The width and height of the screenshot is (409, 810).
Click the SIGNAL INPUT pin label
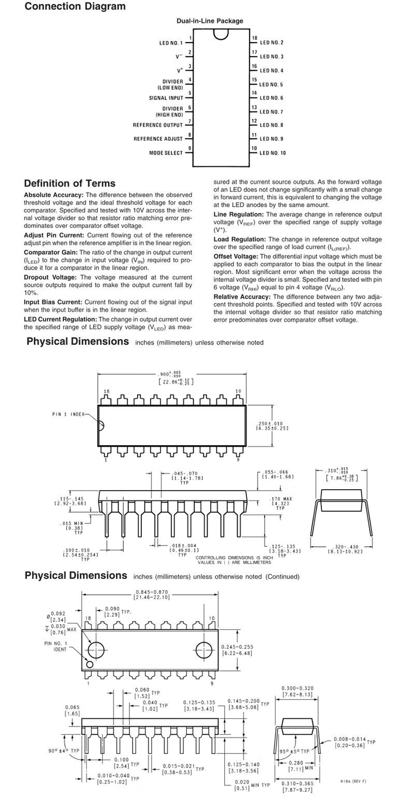click(166, 98)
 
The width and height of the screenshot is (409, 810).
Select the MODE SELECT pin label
click(166, 153)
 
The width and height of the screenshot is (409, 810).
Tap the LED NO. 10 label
click(273, 153)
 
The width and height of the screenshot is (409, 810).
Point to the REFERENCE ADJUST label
click(158, 139)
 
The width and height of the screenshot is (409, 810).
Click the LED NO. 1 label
click(171, 43)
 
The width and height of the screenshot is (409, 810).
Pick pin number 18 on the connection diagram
click(255, 38)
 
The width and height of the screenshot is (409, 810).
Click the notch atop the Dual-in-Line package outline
click(221, 34)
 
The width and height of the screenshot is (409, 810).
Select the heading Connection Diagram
click(75, 7)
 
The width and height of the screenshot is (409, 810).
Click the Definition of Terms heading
click(70, 183)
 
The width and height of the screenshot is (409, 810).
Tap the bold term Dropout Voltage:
click(50, 278)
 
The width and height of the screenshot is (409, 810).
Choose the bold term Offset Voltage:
click(236, 257)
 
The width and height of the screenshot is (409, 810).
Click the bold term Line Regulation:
click(239, 215)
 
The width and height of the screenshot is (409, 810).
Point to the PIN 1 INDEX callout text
click(68, 414)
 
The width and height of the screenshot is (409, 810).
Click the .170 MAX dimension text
click(281, 499)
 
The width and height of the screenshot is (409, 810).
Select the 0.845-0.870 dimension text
click(151, 592)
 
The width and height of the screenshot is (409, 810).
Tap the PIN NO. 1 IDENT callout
click(55, 646)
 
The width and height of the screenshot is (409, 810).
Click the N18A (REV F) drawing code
click(353, 781)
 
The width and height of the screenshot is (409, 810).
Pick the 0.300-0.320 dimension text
click(297, 688)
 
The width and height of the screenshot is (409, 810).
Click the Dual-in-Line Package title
click(210, 21)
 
